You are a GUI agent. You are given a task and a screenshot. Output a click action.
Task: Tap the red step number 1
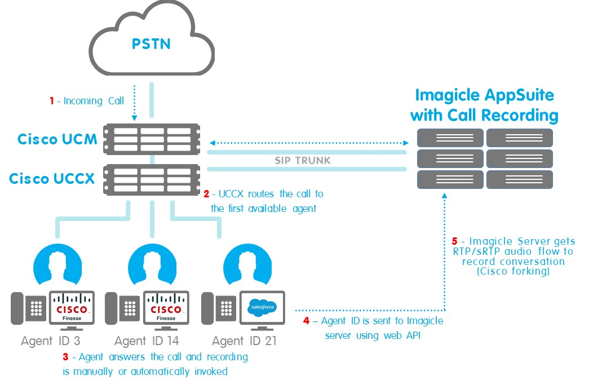(x=51, y=101)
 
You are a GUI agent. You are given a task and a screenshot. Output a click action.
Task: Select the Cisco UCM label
(x=57, y=139)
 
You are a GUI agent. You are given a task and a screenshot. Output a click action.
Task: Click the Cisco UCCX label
(x=53, y=179)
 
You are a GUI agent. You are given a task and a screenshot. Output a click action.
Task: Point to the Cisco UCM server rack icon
(x=152, y=139)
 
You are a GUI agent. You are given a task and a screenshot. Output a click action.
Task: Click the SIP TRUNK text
(x=303, y=161)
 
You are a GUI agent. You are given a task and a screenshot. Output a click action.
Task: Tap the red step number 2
(x=206, y=194)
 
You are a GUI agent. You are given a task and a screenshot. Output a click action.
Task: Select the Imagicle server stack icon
(x=485, y=158)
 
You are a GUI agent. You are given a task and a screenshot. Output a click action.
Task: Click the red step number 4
(x=306, y=321)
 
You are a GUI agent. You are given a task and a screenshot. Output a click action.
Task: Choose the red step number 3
(x=65, y=357)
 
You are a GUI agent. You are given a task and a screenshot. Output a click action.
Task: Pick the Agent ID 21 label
(x=244, y=341)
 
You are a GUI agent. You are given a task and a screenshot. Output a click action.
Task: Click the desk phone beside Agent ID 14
(x=130, y=308)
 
